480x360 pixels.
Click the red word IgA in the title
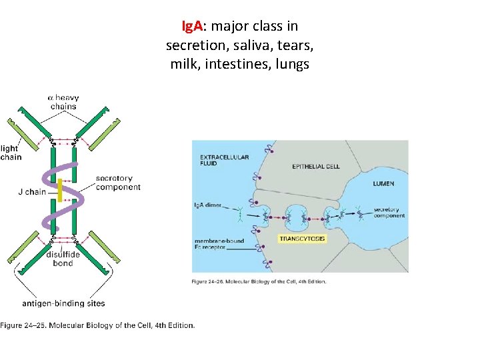[x=193, y=27]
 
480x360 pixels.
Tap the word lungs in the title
[x=290, y=65]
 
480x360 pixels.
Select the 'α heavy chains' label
[x=63, y=102]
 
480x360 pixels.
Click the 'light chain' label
[x=11, y=153]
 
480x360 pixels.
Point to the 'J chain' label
[x=32, y=192]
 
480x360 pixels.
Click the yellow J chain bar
[x=59, y=191]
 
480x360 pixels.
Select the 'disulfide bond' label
[x=63, y=259]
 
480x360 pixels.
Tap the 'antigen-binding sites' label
[x=63, y=303]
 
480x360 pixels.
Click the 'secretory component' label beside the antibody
[x=118, y=183]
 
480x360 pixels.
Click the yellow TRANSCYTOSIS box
[x=303, y=238]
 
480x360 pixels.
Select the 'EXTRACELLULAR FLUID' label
[x=225, y=161]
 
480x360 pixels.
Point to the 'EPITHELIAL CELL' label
[x=316, y=167]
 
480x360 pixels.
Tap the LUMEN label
[x=383, y=183]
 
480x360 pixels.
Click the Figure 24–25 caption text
[x=98, y=326]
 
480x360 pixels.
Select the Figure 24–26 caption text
[x=259, y=281]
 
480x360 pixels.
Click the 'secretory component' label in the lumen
[x=389, y=213]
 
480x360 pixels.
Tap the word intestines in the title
[x=231, y=65]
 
